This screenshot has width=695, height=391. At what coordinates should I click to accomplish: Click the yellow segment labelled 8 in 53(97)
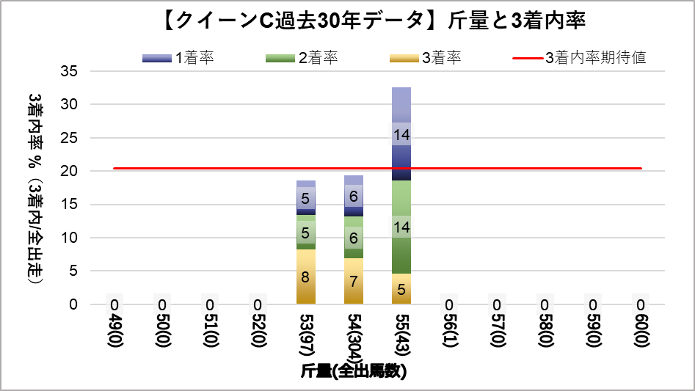[306, 277]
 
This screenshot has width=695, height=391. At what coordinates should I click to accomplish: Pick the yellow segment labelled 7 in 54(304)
[354, 281]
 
